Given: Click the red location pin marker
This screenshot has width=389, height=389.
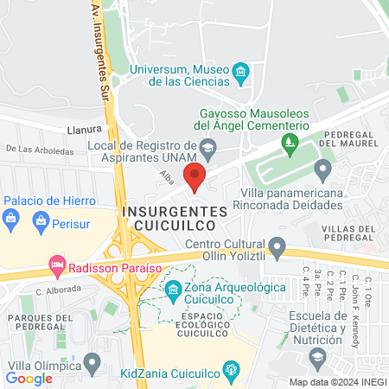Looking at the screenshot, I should point(194,176).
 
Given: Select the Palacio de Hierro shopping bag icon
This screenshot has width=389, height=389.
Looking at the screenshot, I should point(10,216).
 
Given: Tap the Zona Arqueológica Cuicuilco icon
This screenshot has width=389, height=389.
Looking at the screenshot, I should point(173,289).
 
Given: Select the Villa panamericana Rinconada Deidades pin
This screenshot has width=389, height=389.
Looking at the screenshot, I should point(322,169).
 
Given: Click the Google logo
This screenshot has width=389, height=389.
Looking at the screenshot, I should point(29,378).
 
